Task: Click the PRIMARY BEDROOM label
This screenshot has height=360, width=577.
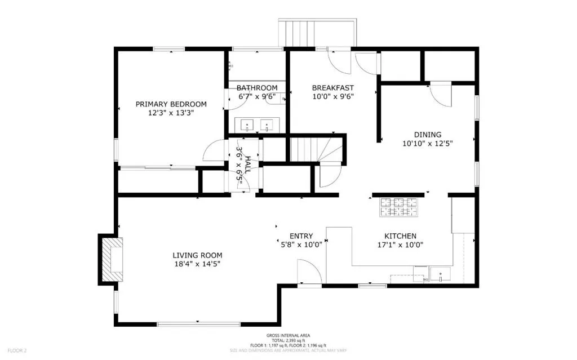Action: click(x=171, y=104)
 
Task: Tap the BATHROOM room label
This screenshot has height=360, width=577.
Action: click(x=257, y=88)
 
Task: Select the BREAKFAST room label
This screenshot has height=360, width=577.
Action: click(x=332, y=87)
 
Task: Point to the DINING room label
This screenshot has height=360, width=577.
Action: click(x=428, y=134)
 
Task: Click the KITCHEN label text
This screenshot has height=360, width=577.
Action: click(x=400, y=235)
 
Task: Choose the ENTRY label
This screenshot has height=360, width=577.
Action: click(x=301, y=236)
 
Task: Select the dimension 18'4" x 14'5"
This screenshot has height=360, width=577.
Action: click(x=196, y=263)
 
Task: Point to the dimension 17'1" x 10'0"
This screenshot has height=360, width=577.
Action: click(x=400, y=245)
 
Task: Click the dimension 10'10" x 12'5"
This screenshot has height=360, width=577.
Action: click(x=427, y=143)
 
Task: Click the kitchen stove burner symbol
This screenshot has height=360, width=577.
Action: click(x=400, y=207)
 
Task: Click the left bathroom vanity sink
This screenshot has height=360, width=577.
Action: click(x=247, y=124)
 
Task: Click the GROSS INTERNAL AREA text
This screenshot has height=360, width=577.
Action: click(x=288, y=335)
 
